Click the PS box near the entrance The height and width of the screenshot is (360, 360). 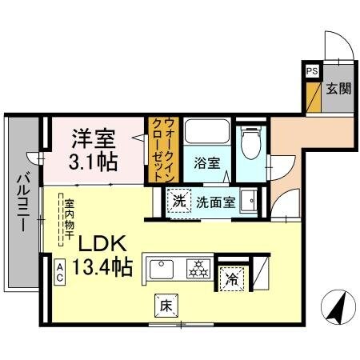coord(310,70)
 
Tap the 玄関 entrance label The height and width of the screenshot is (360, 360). coord(338,88)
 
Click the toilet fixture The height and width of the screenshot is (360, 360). coord(250,142)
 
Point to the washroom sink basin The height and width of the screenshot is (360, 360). coord(251,200)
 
